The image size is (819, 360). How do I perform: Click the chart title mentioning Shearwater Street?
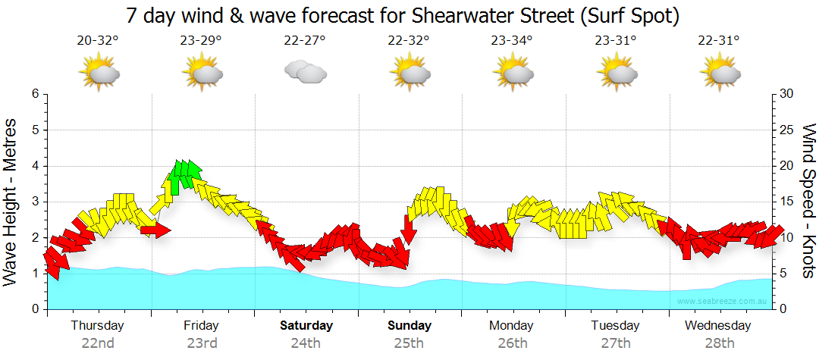point(403,14)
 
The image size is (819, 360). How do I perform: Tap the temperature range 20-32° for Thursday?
point(98,41)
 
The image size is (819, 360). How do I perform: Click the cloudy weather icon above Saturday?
point(305,72)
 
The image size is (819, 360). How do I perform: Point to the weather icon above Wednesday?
point(719,74)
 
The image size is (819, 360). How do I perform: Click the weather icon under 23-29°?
point(201,74)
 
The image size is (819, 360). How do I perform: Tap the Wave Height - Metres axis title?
point(11,202)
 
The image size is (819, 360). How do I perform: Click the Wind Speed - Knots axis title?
point(808,202)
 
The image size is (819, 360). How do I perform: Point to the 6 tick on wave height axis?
point(34,94)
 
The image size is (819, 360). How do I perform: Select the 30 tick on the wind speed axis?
point(787,94)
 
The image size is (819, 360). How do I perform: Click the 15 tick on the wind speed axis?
point(787,202)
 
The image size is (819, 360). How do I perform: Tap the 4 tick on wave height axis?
point(34,166)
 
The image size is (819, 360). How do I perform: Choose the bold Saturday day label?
point(306,326)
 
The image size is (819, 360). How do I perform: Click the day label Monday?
point(512,326)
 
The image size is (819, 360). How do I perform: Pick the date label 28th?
point(719,343)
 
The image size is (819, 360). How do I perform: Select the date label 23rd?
point(202,343)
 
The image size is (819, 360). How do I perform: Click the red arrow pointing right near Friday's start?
point(156,230)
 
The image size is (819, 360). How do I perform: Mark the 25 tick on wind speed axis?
point(787,130)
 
